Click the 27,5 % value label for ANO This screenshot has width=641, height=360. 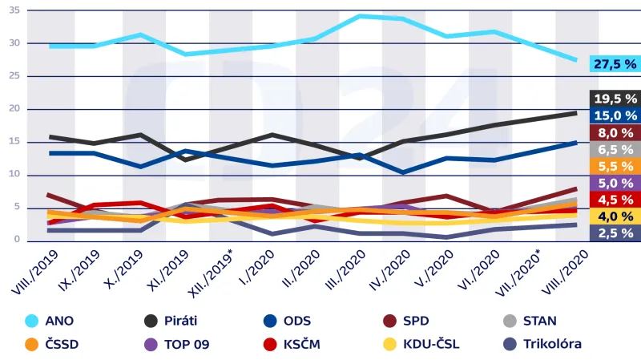615,63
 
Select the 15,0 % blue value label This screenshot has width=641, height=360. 615,115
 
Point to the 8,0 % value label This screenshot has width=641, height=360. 615,132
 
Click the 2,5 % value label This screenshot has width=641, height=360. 615,233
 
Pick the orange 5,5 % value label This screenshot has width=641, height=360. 615,166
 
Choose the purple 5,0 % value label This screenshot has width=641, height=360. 615,183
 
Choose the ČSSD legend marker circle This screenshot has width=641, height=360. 32,345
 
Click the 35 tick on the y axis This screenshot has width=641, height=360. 14,10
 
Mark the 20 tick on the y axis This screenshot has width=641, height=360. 14,109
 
